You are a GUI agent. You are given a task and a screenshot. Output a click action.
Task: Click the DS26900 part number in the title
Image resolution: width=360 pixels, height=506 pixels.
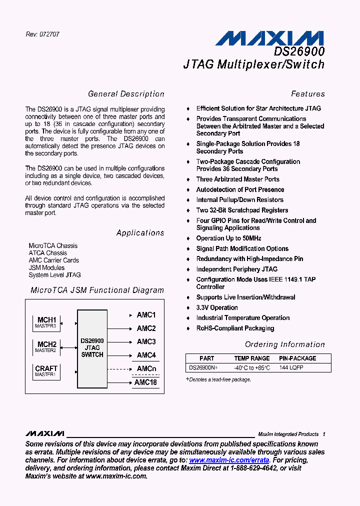tap(299, 51)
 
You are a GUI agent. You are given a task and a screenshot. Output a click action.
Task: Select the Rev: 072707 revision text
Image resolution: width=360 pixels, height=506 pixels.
tap(42, 34)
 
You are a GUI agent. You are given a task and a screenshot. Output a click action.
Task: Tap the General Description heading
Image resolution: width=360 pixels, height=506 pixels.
tap(126, 94)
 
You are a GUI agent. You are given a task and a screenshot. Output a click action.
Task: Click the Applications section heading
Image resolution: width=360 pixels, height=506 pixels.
tap(140, 233)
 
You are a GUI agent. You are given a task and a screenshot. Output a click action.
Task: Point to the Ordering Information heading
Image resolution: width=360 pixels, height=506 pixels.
tap(284, 344)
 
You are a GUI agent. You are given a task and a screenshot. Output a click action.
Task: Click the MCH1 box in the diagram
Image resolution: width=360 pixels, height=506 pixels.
tap(46, 322)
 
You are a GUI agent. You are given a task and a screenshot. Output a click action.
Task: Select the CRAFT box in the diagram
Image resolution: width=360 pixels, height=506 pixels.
tap(46, 371)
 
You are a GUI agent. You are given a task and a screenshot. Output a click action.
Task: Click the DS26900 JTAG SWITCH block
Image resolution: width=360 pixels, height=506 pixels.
tap(92, 348)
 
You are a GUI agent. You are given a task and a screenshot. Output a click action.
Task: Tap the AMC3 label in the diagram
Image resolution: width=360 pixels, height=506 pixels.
tap(146, 341)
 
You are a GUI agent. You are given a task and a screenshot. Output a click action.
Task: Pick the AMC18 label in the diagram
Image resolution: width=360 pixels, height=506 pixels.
tap(146, 382)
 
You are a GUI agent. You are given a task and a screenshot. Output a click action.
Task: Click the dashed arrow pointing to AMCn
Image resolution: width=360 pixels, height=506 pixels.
tap(120, 369)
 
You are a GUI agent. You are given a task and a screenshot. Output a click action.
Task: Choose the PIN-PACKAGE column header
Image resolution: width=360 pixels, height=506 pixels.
tap(297, 358)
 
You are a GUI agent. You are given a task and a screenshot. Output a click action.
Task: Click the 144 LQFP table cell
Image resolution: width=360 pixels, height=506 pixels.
tap(291, 367)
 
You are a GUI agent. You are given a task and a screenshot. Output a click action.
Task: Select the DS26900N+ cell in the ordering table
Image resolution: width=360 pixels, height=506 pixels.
tap(203, 367)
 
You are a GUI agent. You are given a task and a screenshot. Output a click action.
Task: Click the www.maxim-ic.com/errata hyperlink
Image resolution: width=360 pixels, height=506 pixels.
tap(229, 460)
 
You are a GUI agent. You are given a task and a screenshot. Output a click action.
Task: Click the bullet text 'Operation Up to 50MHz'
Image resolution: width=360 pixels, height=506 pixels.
tap(228, 238)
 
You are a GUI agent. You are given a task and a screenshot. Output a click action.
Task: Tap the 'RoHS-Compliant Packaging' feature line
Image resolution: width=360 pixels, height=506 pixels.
tap(235, 328)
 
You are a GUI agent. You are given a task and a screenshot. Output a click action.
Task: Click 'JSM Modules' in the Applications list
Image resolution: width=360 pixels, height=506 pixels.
tap(46, 267)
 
